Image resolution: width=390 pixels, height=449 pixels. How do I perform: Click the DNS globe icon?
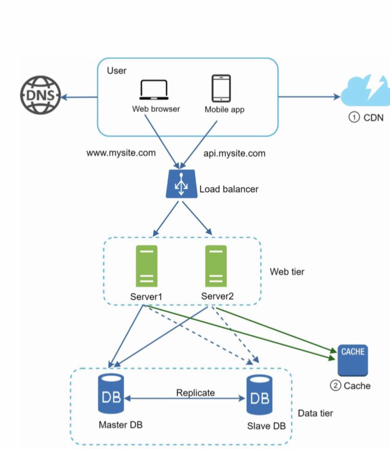pos(41,96)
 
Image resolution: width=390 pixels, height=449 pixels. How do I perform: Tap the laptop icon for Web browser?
pos(153,90)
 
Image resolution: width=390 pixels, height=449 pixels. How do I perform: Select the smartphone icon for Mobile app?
pos(221,88)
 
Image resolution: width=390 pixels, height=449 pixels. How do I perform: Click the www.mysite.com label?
pos(122,153)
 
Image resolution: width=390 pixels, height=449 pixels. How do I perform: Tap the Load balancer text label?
pos(229,189)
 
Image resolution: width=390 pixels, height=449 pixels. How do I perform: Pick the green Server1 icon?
pos(146,266)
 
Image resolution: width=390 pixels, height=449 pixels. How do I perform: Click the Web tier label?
pos(287,272)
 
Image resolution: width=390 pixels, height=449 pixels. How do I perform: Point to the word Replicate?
pos(195,393)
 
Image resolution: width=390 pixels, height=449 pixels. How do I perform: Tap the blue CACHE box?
pos(353,360)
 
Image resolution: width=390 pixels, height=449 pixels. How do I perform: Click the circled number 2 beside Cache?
pos(336,386)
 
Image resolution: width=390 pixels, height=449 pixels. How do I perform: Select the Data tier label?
pos(315,413)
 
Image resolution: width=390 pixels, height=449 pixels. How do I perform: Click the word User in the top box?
pos(116,70)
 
